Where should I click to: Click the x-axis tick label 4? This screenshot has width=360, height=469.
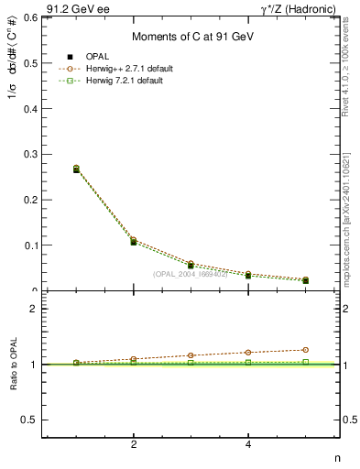248,445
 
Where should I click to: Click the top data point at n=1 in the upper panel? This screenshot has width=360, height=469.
76,169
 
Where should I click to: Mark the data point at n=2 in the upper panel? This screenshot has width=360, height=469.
134,241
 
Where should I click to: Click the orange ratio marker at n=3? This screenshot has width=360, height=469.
191,355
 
